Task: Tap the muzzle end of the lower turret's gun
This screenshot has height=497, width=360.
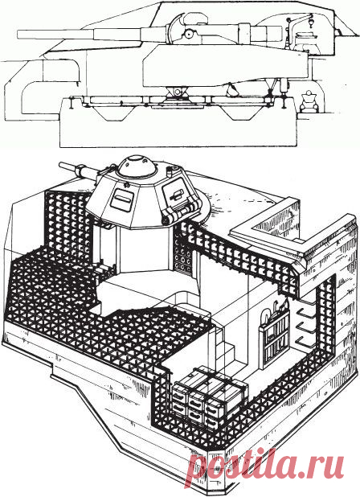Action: pos(61,166)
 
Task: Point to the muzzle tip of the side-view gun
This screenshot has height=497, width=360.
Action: pos(18,35)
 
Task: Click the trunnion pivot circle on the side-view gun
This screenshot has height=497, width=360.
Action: pos(190,33)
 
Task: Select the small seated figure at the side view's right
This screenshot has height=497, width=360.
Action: pos(308,101)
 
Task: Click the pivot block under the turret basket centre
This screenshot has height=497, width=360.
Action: pos(177,92)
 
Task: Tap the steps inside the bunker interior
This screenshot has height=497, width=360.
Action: pos(226,346)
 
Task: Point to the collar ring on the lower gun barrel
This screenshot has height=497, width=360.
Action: pos(84,171)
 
